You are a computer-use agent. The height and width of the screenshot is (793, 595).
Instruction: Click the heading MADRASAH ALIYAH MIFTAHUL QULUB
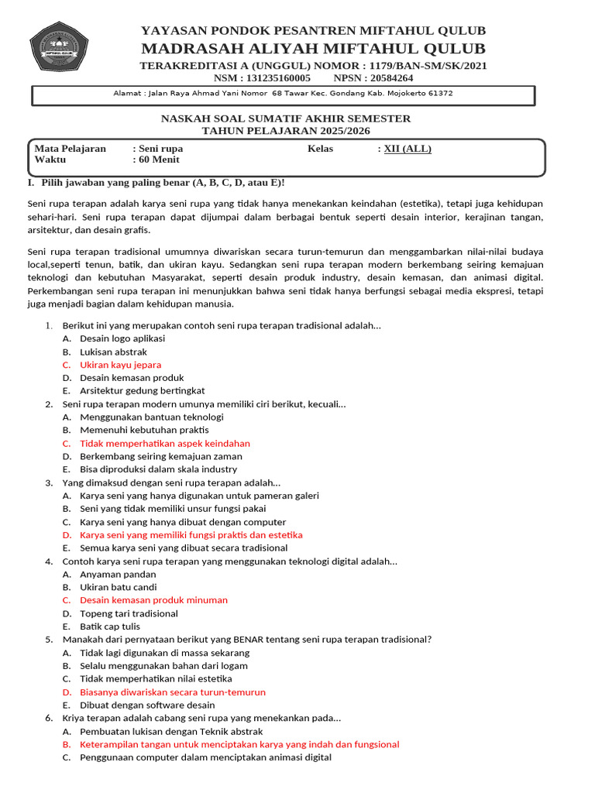pos(313,49)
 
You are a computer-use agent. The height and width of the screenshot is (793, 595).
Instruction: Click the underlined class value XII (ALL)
pos(408,149)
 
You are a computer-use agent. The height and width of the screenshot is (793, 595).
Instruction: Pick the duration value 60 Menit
pos(159,160)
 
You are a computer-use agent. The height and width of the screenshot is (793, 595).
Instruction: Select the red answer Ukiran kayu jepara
pos(120,365)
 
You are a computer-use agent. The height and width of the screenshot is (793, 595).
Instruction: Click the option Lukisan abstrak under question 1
pos(113,352)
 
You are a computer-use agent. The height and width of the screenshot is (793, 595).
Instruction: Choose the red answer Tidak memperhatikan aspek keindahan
pos(165,444)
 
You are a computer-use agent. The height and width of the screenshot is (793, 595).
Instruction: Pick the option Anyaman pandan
pos(118,575)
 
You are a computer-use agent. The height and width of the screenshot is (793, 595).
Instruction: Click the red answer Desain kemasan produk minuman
pos(153,600)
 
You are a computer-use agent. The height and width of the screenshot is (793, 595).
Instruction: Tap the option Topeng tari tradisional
pos(129,613)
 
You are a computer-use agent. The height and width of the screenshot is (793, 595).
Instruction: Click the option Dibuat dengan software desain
pos(147,705)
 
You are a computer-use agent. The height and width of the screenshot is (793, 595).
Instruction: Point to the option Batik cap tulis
pos(111,627)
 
